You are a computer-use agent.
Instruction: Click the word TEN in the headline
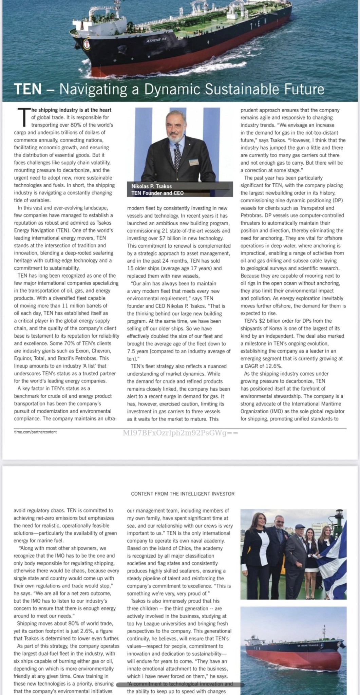pyautogui.click(x=27, y=89)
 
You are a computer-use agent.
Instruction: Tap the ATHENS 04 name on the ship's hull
pyautogui.click(x=156, y=40)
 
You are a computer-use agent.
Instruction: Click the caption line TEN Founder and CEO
pyautogui.click(x=157, y=193)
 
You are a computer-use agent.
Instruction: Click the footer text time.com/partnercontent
pyautogui.click(x=35, y=432)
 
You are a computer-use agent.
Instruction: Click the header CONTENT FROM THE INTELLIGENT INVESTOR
pyautogui.click(x=183, y=494)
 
